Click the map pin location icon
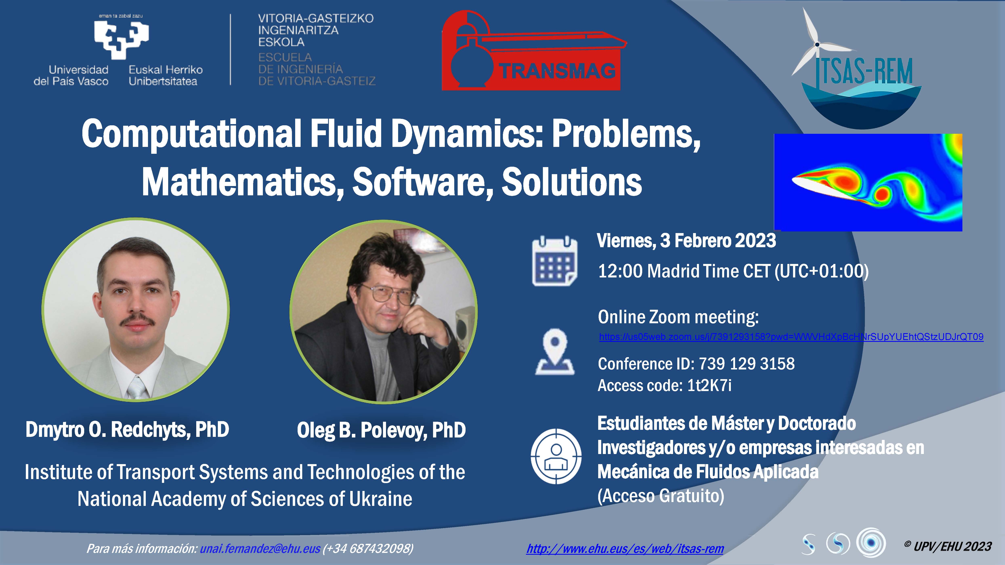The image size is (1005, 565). pos(554,351)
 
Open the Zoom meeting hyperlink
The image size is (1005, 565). pos(791,337)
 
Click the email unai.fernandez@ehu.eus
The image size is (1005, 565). pos(260,549)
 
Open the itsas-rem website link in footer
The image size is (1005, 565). pos(625,549)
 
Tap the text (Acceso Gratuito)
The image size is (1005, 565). pos(661,496)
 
